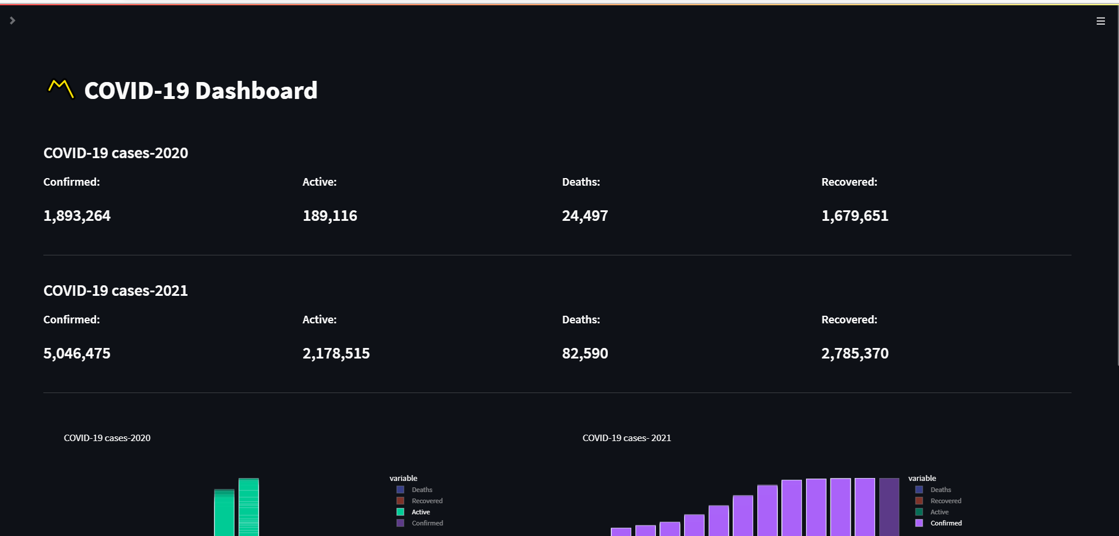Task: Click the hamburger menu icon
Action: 1100,21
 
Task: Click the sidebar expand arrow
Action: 12,21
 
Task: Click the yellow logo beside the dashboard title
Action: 60,89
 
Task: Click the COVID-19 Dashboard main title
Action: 200,91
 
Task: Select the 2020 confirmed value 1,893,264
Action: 77,216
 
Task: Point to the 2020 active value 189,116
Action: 329,216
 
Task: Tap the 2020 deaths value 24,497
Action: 584,216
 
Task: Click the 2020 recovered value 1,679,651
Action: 855,216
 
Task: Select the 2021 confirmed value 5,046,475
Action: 77,354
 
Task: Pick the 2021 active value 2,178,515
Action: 336,354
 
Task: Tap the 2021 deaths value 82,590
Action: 584,354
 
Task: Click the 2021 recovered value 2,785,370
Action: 855,354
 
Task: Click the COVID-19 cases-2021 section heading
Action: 115,291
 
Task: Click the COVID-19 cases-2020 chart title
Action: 107,438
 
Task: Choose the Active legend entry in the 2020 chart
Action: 420,512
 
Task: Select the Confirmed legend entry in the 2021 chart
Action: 945,523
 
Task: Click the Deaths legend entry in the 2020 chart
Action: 421,490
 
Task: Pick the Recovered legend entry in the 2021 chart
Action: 945,501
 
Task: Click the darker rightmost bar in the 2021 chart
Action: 889,507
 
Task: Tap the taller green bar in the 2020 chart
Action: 249,507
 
